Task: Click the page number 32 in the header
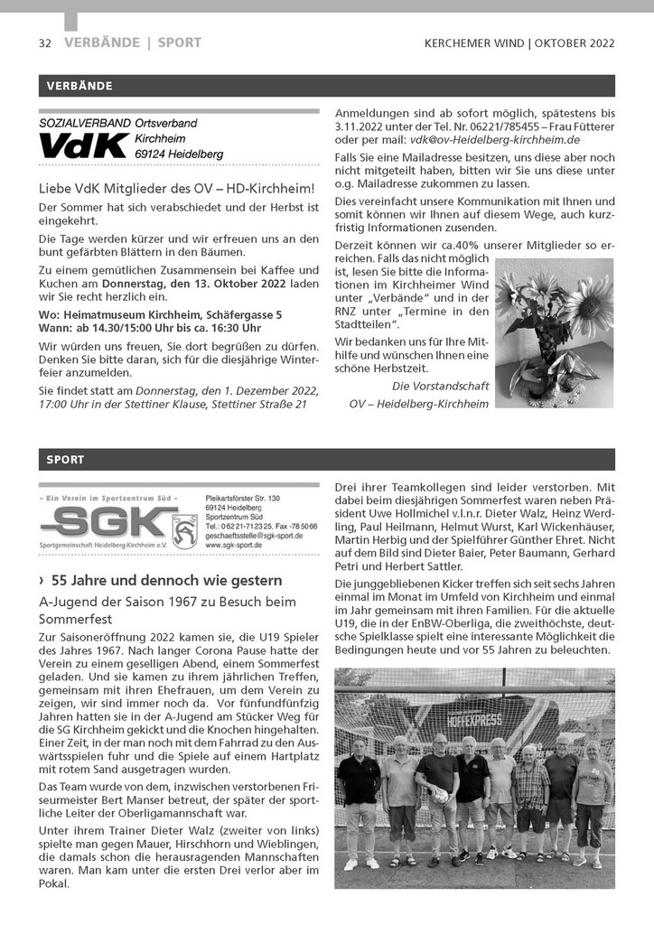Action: coord(44,43)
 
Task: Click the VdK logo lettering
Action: coord(83,146)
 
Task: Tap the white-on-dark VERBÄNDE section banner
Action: coord(75,86)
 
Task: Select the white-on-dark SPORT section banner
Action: coord(65,460)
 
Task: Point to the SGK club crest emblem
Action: coord(184,529)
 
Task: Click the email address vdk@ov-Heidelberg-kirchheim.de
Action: coord(494,141)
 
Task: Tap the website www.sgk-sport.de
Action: coord(234,546)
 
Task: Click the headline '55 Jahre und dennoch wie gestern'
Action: coord(167,580)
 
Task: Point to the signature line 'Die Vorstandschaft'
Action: coord(440,386)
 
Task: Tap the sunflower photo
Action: coord(554,333)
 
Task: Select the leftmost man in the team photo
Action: coord(358,799)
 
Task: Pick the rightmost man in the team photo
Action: coord(592,799)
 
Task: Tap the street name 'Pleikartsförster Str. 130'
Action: coord(243,499)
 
